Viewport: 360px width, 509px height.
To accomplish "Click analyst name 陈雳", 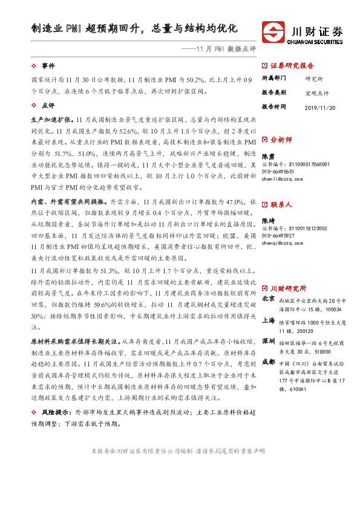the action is point(267,155).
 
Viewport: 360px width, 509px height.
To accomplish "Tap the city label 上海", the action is point(268,321).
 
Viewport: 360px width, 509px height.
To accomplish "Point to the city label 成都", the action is point(268,361).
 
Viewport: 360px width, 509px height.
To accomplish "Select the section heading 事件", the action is point(48,65).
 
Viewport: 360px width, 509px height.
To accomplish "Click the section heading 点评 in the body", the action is point(48,105).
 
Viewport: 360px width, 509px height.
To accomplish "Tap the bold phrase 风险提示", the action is point(56,428).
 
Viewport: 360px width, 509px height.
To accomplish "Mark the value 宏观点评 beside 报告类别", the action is point(317,92).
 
